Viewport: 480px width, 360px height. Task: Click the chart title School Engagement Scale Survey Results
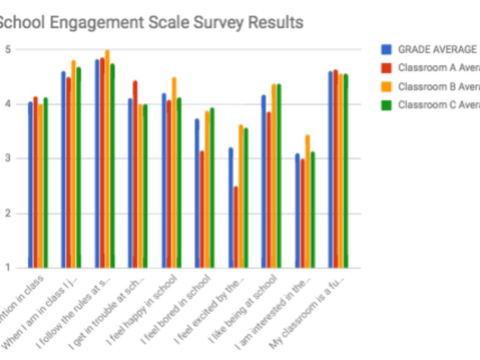coord(150,22)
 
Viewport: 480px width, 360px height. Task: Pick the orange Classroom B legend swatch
coord(387,87)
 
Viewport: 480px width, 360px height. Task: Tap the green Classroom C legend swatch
coord(387,105)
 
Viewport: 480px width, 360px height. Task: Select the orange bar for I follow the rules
coord(107,159)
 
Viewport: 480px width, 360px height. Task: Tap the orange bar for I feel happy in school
coord(174,173)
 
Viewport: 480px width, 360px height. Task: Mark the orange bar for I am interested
coord(307,202)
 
